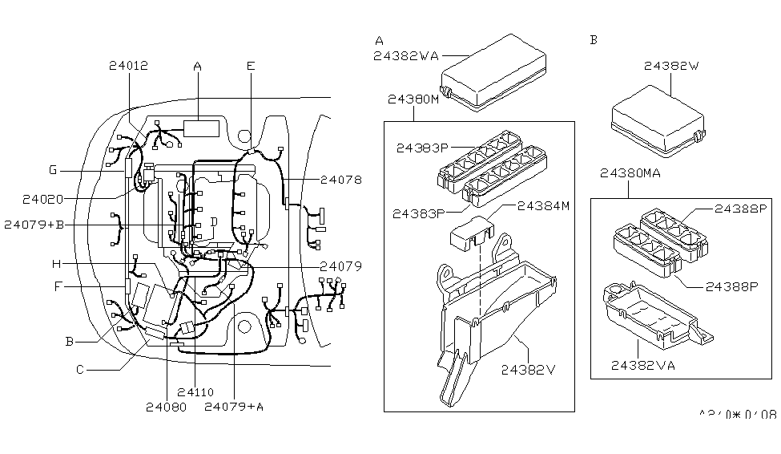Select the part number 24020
42,197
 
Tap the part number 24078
340,180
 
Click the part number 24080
166,407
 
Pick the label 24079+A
234,407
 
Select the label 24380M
413,100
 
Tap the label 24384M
543,206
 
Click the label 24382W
668,67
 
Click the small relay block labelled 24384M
471,232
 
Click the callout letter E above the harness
250,67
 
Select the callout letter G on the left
53,170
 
